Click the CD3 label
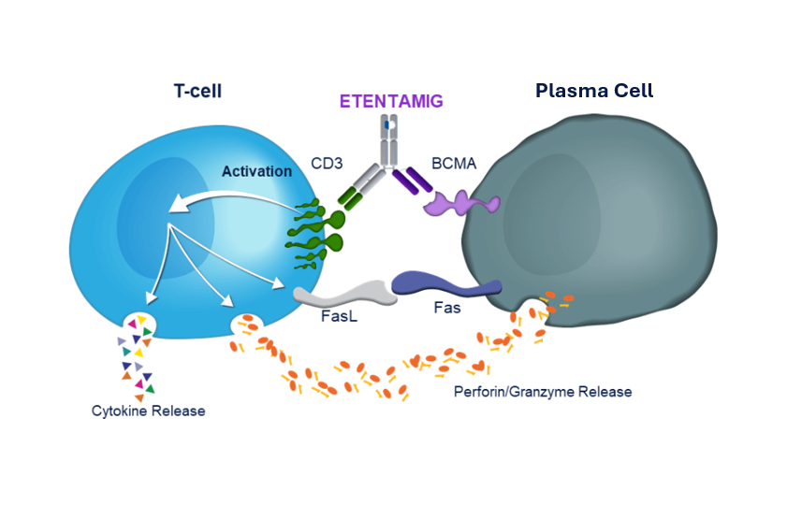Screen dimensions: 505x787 [327, 164]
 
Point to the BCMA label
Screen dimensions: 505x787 [454, 164]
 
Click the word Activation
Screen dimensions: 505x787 [256, 172]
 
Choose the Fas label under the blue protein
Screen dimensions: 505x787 [447, 308]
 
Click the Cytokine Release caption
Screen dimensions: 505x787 [148, 411]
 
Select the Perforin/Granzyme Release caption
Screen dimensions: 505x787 [543, 392]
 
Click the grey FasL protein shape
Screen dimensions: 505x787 [338, 293]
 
